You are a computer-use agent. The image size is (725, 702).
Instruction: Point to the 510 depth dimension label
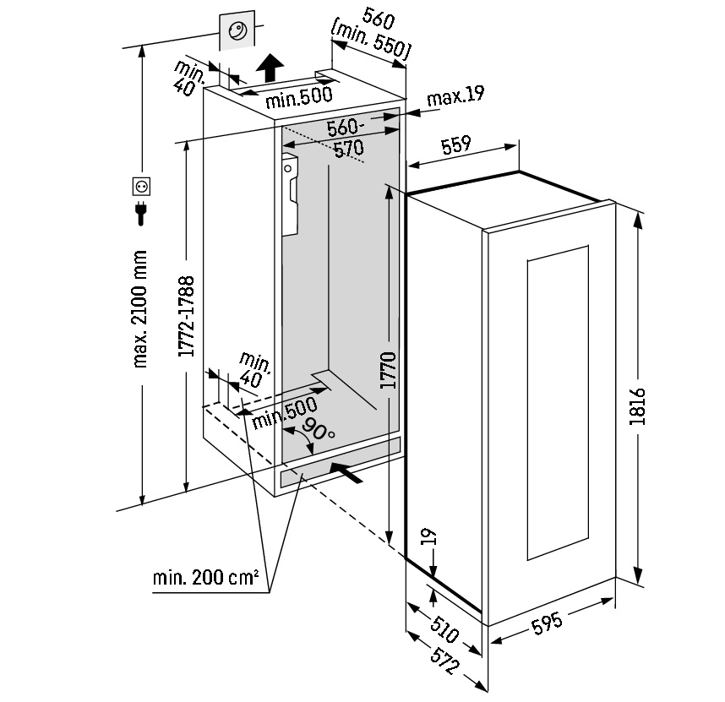tap(444, 629)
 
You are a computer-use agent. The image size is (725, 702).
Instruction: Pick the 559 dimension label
tap(455, 145)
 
